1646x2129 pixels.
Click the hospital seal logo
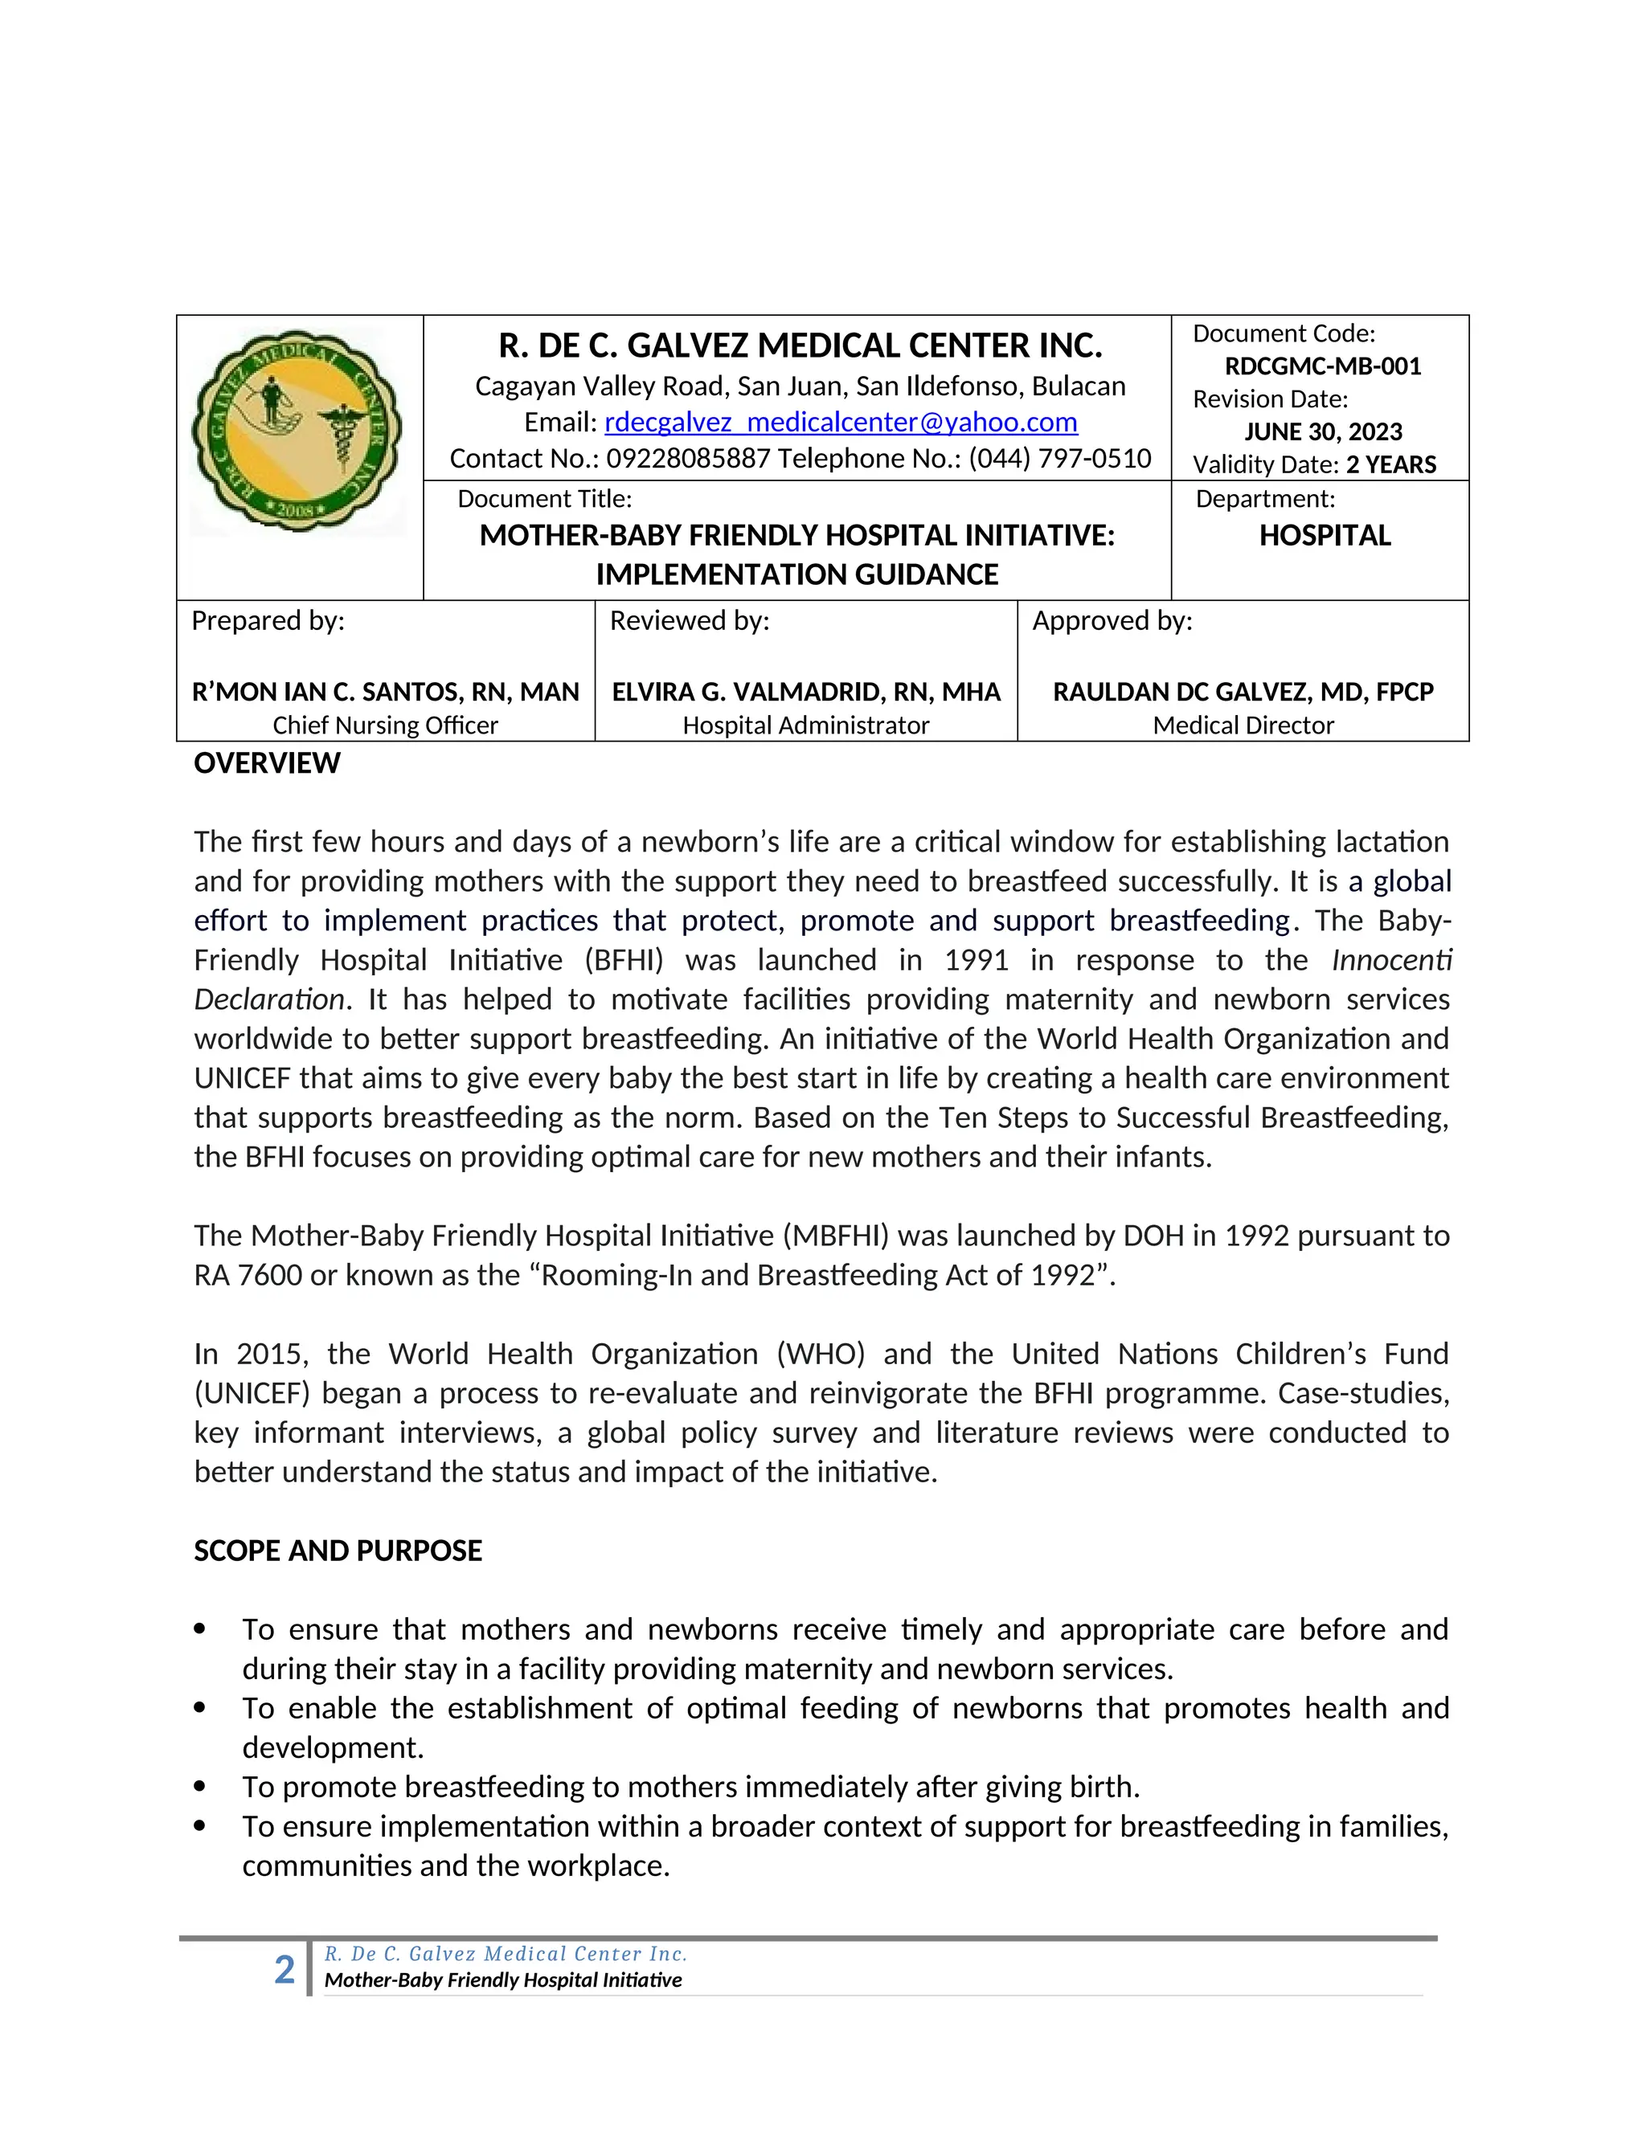click(x=297, y=431)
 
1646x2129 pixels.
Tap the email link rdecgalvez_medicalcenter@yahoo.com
click(x=841, y=422)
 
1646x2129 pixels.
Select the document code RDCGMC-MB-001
click(x=1322, y=366)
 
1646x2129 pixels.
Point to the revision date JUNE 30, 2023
click(x=1322, y=432)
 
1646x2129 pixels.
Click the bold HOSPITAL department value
click(x=1325, y=535)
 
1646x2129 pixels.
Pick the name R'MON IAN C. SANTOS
click(x=385, y=692)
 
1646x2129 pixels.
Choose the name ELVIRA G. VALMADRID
click(x=805, y=692)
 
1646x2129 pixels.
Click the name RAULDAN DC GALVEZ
click(x=1243, y=692)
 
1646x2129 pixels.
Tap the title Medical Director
click(x=1243, y=725)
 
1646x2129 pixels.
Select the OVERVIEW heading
click(x=267, y=763)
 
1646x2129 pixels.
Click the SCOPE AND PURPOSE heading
click(x=338, y=1551)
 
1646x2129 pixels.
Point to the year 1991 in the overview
click(x=976, y=960)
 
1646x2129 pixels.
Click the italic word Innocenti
click(x=1391, y=960)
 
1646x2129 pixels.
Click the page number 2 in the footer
click(x=284, y=1970)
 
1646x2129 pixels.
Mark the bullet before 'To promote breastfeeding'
click(x=200, y=1787)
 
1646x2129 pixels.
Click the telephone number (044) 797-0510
click(x=1060, y=458)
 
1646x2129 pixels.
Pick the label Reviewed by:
click(x=690, y=621)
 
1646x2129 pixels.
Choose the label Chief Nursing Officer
click(x=385, y=725)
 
